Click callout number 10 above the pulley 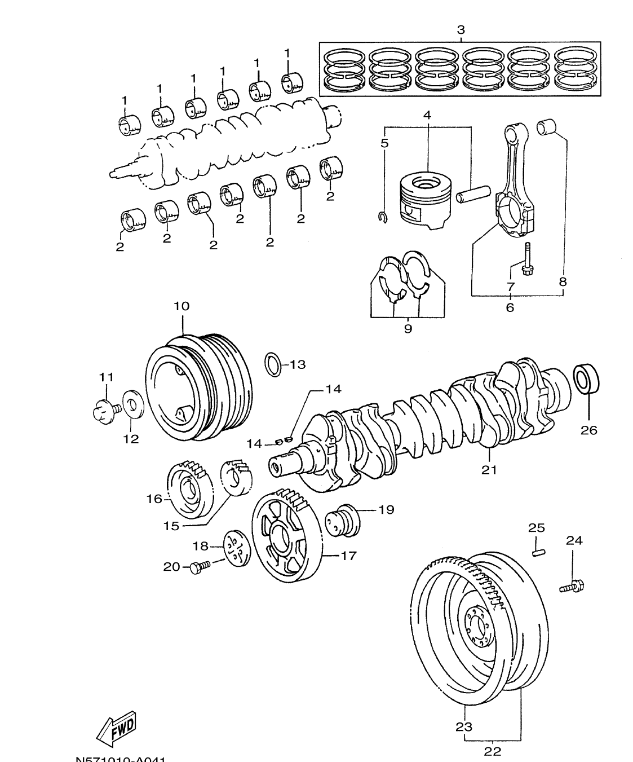[182, 306]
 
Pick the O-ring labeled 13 [273, 364]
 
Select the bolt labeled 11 [105, 410]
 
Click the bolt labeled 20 [199, 566]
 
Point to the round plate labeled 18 [236, 547]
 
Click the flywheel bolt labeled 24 [572, 587]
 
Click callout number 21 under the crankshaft [489, 469]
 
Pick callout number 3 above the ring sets [461, 30]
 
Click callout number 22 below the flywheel [492, 751]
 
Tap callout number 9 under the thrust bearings [408, 328]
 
